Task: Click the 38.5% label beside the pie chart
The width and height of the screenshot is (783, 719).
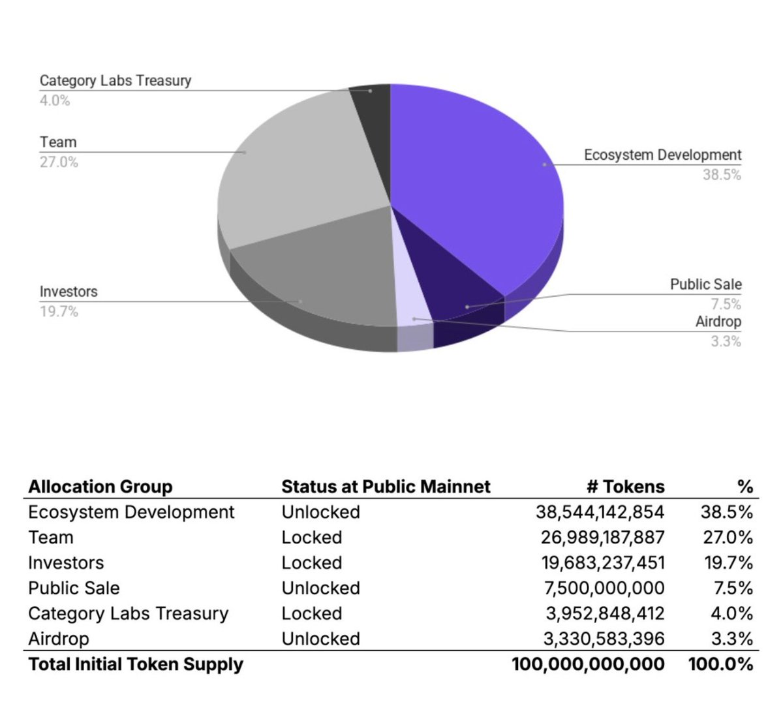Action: click(722, 175)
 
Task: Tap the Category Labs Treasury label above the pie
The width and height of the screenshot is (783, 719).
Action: click(115, 81)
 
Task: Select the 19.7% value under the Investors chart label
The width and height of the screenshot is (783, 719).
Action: click(59, 312)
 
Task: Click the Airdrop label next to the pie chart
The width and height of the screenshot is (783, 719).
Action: click(718, 322)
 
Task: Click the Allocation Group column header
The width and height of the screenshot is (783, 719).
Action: click(100, 487)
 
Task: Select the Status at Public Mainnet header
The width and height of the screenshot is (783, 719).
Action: click(386, 487)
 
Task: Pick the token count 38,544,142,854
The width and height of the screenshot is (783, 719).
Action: click(600, 512)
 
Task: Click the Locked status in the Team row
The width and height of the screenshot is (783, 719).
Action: click(311, 538)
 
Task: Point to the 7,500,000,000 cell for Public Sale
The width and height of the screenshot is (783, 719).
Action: click(604, 589)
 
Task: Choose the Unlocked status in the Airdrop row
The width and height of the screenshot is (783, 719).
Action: click(320, 639)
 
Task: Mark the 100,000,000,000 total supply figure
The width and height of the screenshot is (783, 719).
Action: click(588, 664)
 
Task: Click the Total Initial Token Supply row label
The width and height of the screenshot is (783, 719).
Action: click(136, 664)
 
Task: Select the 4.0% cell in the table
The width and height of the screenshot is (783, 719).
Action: click(732, 614)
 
